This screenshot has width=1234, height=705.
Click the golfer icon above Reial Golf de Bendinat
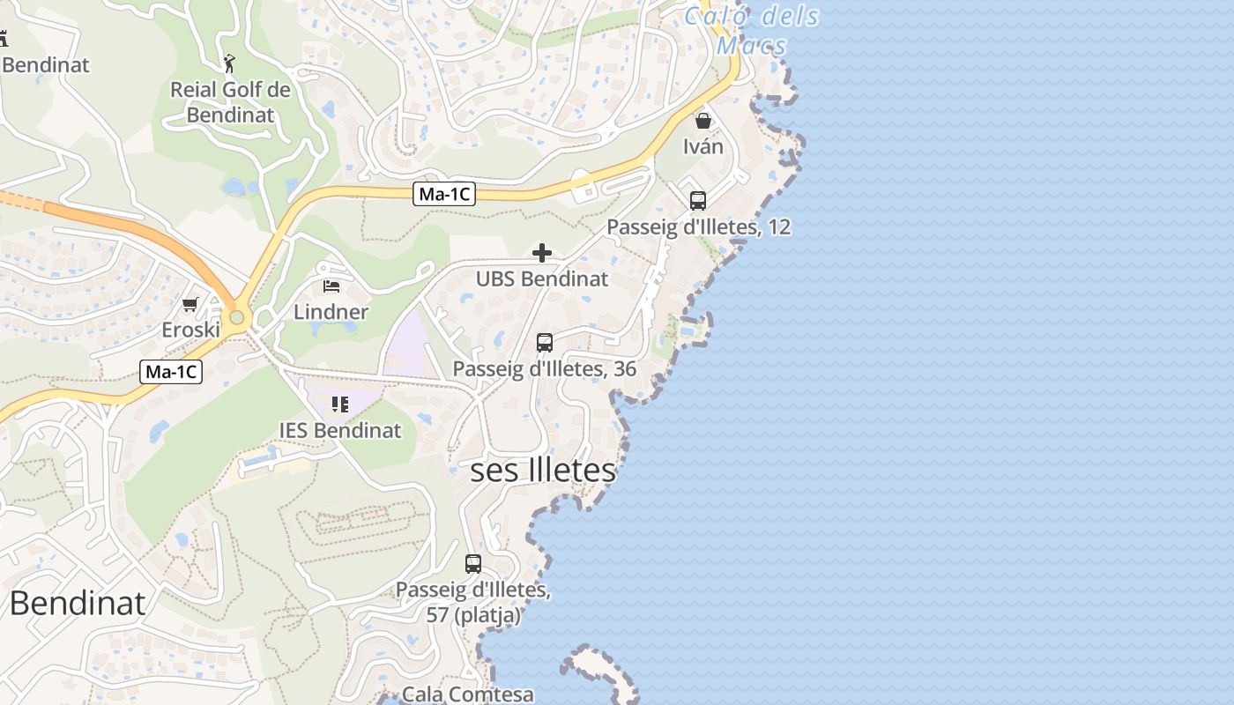tap(230, 63)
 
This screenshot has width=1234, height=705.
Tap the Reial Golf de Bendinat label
tap(230, 102)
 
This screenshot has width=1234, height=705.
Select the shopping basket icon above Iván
tap(703, 120)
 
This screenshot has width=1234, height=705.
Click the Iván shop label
tap(703, 146)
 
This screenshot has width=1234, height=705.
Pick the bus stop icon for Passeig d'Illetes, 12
tap(698, 201)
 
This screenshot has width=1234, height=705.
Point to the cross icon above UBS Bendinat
tap(542, 254)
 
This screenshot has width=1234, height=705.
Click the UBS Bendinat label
tap(542, 279)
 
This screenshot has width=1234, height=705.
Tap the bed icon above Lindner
tap(331, 286)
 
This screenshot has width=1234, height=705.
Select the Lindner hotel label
tap(331, 312)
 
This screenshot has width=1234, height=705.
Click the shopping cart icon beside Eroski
tap(190, 305)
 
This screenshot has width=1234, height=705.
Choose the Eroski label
tap(190, 330)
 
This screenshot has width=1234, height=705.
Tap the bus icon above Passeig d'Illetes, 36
tap(545, 343)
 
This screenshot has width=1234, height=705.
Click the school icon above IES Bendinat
tap(340, 404)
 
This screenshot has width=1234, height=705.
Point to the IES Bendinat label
tap(340, 431)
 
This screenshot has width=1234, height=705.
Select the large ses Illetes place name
tap(543, 471)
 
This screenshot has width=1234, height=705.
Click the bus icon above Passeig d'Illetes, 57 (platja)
tap(473, 564)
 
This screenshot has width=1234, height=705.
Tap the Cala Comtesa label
tap(468, 694)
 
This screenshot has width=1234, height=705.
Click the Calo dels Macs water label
tap(751, 30)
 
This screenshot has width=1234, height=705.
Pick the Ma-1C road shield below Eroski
tap(171, 372)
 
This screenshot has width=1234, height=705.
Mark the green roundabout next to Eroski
tap(236, 317)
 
